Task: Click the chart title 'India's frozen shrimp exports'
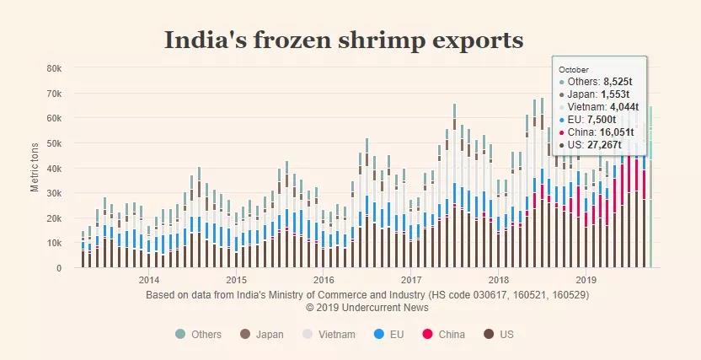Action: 343,40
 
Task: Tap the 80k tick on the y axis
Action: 53,68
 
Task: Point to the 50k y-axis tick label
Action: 53,143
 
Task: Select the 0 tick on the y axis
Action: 58,268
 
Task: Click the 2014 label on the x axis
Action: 149,280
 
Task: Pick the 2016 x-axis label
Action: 324,280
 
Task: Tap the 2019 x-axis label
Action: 586,280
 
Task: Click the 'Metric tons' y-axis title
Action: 35,167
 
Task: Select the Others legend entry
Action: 200,335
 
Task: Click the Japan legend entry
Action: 261,335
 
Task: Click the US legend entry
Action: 498,335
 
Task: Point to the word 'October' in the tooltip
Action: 574,69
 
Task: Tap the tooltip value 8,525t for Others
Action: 623,81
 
